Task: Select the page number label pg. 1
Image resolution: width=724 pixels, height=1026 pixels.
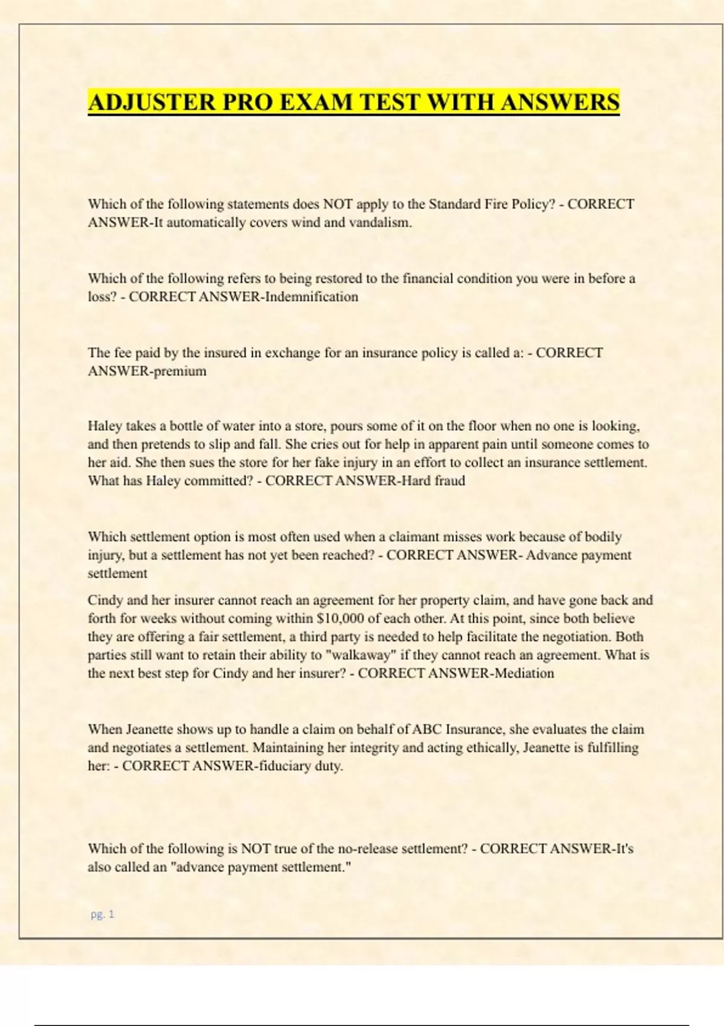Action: (102, 914)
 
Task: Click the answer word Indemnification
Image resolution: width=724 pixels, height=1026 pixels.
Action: (311, 297)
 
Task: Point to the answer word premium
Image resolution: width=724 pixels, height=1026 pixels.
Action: (180, 371)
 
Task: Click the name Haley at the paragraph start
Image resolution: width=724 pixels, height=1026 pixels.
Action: (104, 426)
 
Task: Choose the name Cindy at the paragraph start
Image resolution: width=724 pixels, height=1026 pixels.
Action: (105, 601)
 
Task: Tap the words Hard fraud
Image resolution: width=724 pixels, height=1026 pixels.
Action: (433, 481)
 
